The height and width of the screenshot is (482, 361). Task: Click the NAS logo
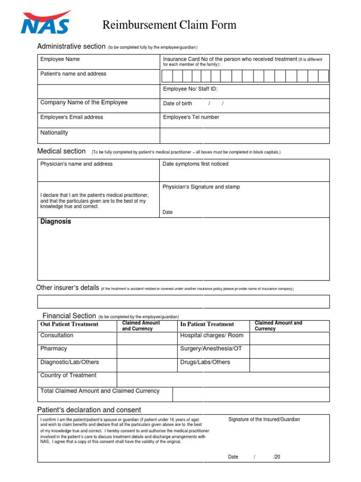pyautogui.click(x=46, y=23)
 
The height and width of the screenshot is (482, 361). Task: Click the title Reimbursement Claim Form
pyautogui.click(x=169, y=25)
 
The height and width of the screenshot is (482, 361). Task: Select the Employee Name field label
pyautogui.click(x=60, y=59)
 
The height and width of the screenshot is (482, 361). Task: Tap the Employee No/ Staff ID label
pyautogui.click(x=190, y=89)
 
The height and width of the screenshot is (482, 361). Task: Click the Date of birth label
pyautogui.click(x=177, y=104)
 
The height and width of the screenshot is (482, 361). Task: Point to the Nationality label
pyautogui.click(x=54, y=133)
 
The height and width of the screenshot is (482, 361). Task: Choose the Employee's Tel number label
pyautogui.click(x=191, y=117)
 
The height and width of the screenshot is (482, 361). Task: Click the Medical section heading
pyautogui.click(x=61, y=151)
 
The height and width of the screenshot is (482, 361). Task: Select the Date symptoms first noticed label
pyautogui.click(x=195, y=164)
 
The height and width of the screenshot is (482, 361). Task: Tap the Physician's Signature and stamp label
pyautogui.click(x=201, y=187)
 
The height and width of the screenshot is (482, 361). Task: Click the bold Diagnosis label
pyautogui.click(x=55, y=221)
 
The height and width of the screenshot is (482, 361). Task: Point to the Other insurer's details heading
pyautogui.click(x=67, y=288)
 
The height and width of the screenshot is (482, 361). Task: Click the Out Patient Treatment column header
pyautogui.click(x=69, y=324)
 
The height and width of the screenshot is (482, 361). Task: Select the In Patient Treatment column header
pyautogui.click(x=207, y=324)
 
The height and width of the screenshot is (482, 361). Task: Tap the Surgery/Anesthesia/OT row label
pyautogui.click(x=211, y=349)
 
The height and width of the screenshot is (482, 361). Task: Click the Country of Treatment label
pyautogui.click(x=68, y=375)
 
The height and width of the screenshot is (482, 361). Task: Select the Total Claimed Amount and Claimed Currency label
pyautogui.click(x=100, y=391)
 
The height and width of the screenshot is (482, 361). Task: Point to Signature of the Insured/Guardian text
pyautogui.click(x=264, y=419)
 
